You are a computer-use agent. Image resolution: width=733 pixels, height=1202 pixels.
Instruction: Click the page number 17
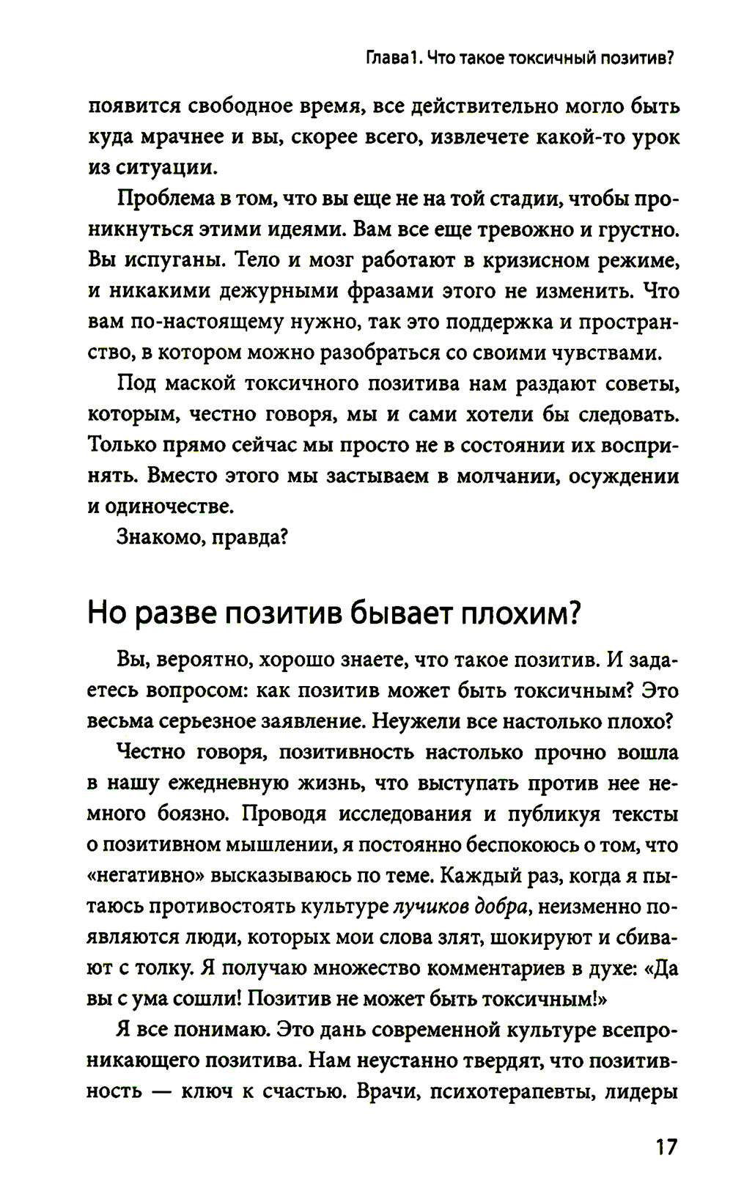(666, 1146)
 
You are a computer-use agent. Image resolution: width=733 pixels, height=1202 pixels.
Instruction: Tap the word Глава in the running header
(386, 58)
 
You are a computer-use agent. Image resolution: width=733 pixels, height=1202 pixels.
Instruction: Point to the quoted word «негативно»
(145, 876)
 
